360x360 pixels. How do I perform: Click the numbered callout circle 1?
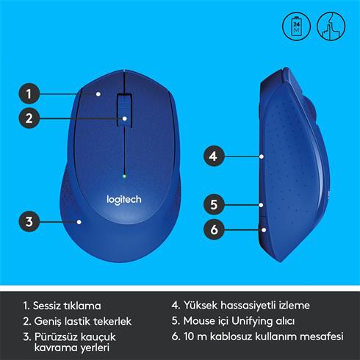[29, 93]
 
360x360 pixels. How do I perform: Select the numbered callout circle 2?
[29, 117]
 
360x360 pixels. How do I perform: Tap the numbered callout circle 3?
[29, 220]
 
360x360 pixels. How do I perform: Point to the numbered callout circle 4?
[213, 156]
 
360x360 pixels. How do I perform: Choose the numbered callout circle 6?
[213, 229]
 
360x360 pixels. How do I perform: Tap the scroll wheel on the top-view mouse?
[125, 110]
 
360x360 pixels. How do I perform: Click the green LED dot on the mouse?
[125, 176]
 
